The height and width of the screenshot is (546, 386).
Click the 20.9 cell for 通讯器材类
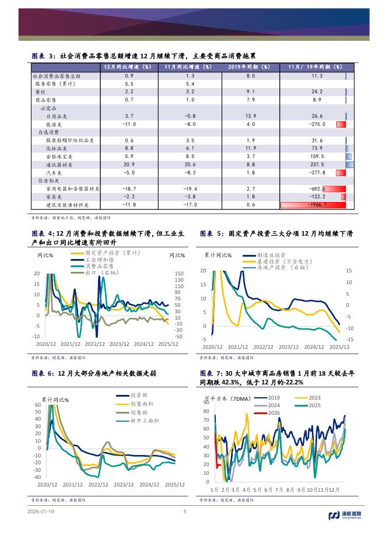[x=129, y=164]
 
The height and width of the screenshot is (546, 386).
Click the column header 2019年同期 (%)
[x=251, y=68]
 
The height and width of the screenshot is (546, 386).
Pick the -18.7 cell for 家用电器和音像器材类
[x=129, y=189]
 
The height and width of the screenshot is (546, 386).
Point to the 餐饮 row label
[x=40, y=92]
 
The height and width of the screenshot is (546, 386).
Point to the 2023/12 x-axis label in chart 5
[x=288, y=346]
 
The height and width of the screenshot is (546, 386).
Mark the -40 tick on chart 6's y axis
[x=37, y=477]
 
